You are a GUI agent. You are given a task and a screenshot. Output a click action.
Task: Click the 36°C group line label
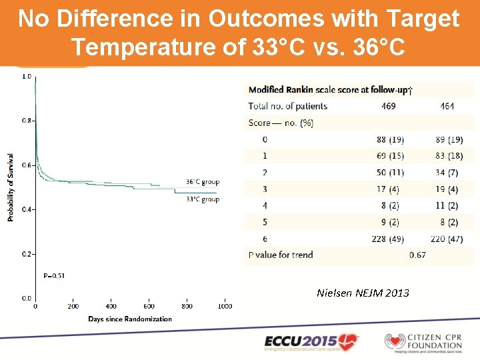(x=202, y=182)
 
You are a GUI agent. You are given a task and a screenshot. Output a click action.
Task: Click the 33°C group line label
(x=202, y=199)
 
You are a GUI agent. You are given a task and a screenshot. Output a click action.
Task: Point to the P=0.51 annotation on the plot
(x=55, y=275)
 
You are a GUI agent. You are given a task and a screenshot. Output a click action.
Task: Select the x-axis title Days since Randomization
(x=130, y=319)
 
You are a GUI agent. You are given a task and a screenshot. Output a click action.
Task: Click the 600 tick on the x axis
(x=149, y=307)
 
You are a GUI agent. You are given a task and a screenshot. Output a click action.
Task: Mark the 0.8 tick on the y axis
(x=26, y=121)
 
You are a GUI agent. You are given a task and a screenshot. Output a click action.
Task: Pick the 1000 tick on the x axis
(x=225, y=307)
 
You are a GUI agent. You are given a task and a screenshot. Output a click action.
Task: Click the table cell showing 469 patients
(x=389, y=106)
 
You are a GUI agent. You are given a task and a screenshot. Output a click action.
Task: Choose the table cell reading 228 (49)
(x=390, y=239)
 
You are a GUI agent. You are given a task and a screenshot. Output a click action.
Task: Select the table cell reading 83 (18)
(x=447, y=155)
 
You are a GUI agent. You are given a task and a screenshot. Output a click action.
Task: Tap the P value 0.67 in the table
(x=418, y=255)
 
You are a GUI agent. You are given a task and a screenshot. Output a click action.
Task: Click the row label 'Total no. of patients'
(x=287, y=106)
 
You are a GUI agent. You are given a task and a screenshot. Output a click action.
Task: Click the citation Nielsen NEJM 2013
(x=363, y=293)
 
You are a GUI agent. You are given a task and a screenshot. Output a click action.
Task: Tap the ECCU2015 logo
(x=311, y=341)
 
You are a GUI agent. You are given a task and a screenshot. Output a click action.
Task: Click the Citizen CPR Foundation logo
(x=423, y=341)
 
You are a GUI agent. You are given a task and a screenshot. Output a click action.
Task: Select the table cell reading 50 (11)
(x=390, y=172)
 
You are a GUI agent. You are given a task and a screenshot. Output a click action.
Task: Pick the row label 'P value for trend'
(x=280, y=255)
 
